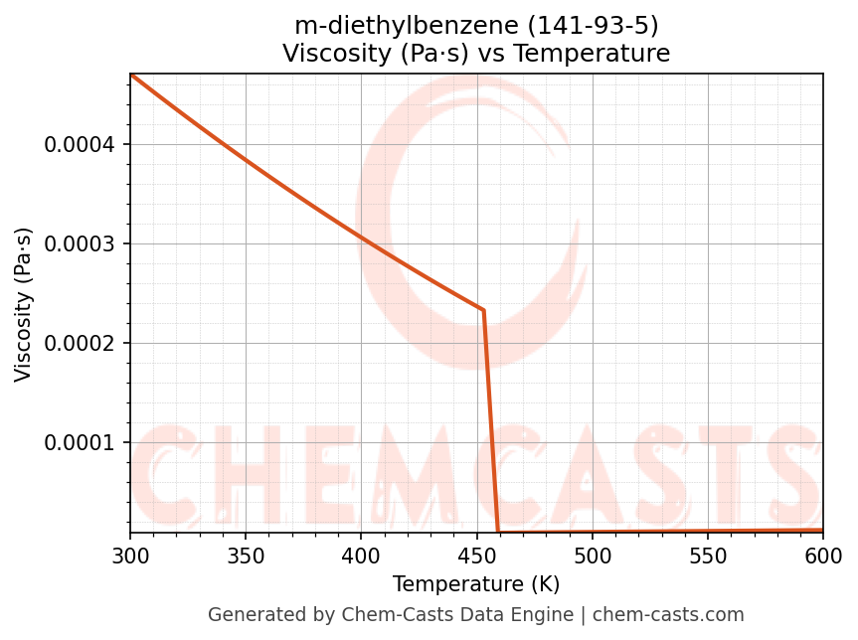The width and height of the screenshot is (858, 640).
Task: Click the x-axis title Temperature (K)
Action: click(x=476, y=584)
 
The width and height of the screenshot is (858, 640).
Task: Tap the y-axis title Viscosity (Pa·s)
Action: click(x=24, y=304)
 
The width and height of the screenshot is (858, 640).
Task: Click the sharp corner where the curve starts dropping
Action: click(x=483, y=310)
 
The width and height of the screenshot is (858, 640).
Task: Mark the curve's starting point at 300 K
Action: click(x=130, y=75)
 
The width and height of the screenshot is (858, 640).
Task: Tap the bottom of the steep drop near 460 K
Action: click(x=498, y=532)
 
